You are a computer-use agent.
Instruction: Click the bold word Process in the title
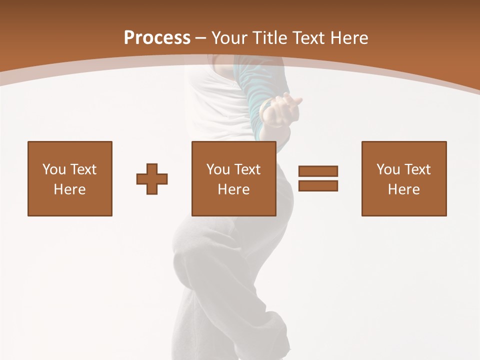[157, 37]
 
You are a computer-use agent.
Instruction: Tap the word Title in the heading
[271, 37]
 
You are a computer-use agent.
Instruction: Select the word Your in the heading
[230, 37]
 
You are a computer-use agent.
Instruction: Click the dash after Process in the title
[201, 38]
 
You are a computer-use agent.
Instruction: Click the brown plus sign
[152, 178]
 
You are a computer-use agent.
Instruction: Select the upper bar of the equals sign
[318, 171]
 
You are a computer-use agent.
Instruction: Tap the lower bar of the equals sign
[318, 185]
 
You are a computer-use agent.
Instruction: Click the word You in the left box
[54, 169]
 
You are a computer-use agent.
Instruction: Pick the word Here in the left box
[69, 189]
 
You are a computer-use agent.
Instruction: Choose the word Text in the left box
[82, 169]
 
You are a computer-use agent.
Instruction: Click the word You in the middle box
[218, 169]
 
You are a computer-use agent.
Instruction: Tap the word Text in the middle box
[247, 169]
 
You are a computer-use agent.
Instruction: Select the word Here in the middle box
[233, 189]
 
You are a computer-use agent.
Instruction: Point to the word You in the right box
[388, 169]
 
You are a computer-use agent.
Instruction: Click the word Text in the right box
[417, 169]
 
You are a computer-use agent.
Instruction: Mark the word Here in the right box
[403, 189]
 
